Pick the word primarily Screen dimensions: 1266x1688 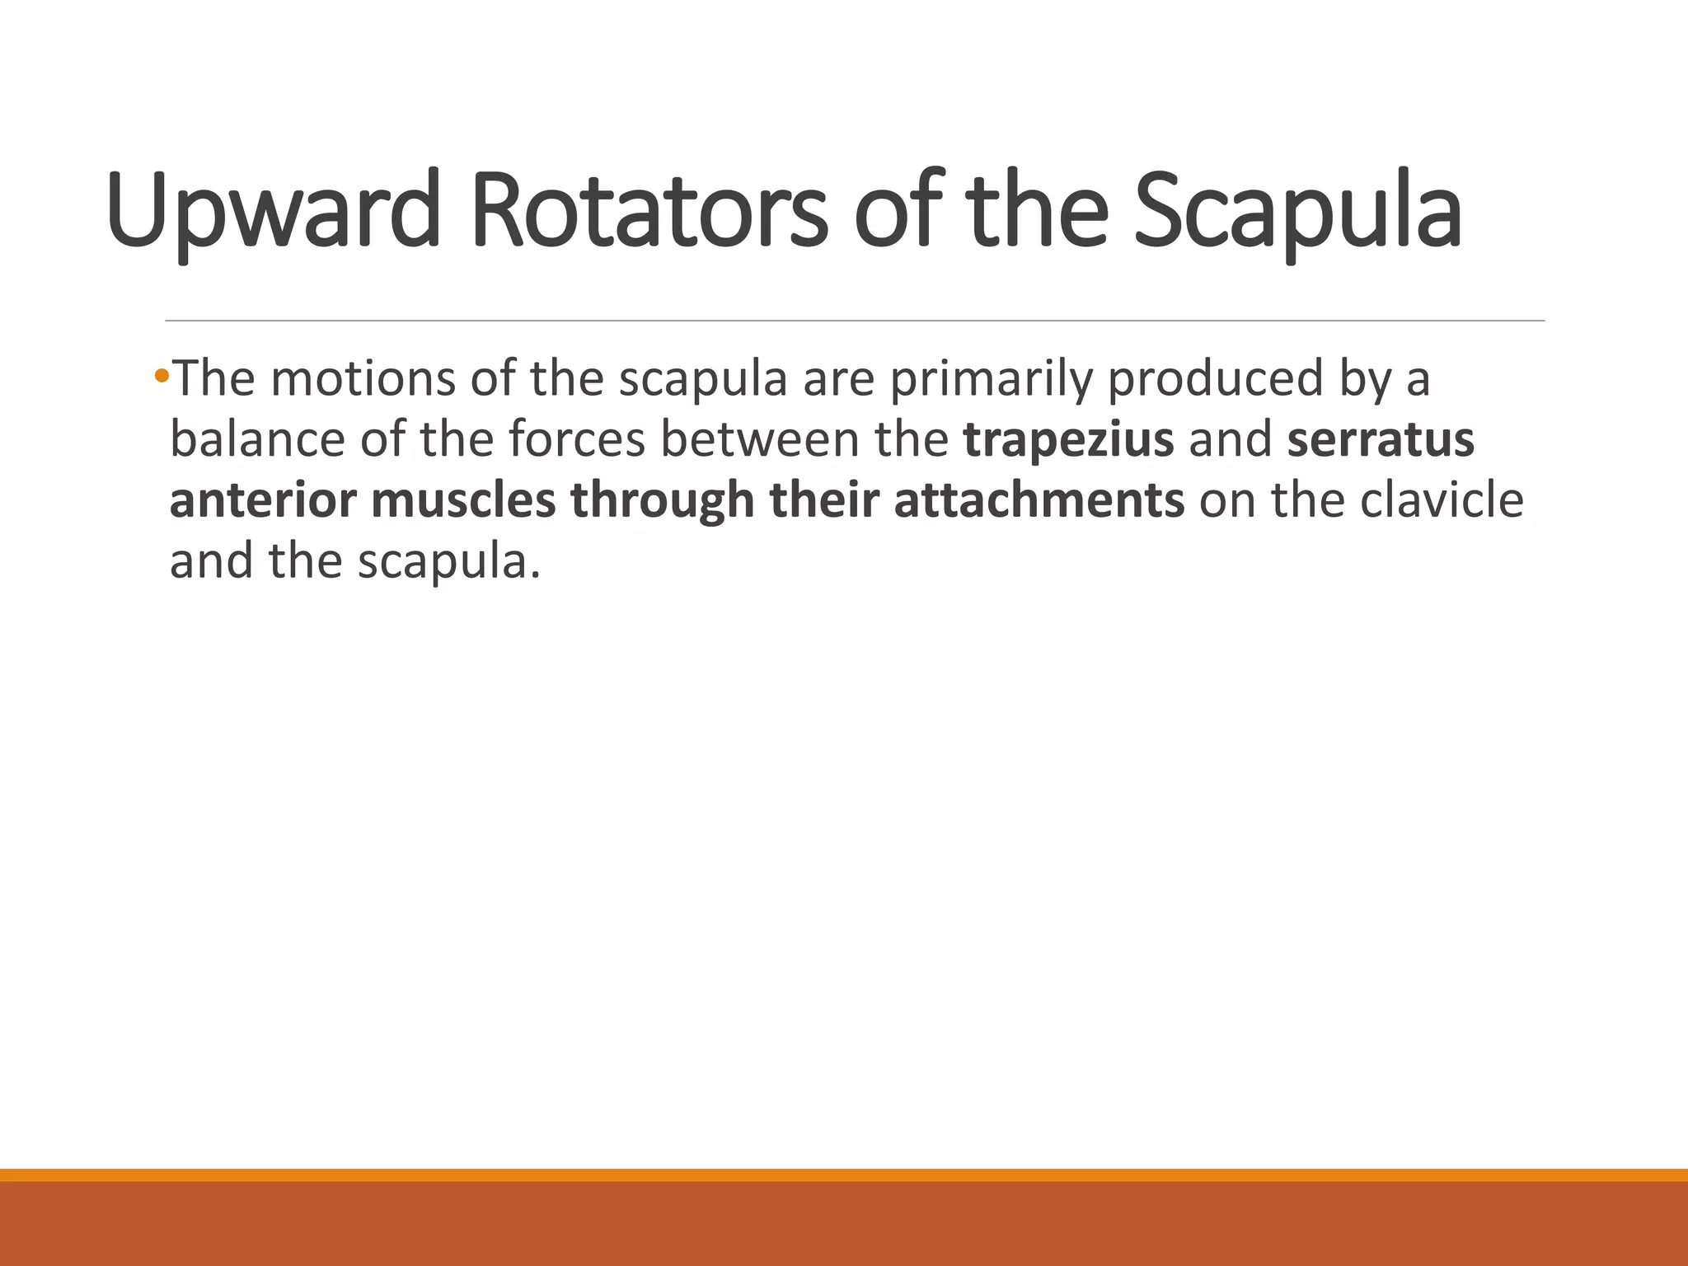tap(991, 379)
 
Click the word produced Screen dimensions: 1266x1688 tap(1215, 379)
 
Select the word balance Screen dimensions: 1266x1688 tap(257, 439)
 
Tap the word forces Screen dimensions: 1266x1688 tap(576, 439)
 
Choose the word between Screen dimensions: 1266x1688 tap(759, 439)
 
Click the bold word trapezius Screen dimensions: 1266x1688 tap(1068, 439)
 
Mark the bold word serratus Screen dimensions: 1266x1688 tap(1381, 439)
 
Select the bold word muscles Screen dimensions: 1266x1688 tap(463, 500)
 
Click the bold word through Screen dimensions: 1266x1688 tap(662, 500)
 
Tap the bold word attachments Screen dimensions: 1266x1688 tap(1039, 500)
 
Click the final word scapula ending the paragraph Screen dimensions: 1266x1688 tap(448, 562)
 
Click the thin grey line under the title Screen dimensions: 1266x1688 tap(854, 321)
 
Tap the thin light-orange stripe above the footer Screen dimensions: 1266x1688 tap(844, 1175)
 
